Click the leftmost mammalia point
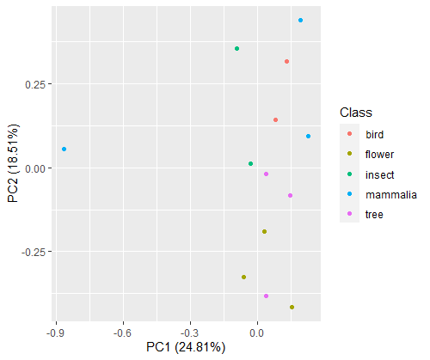pyautogui.click(x=64, y=149)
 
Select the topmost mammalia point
pyautogui.click(x=300, y=21)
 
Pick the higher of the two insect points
pyautogui.click(x=236, y=49)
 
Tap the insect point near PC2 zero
pyautogui.click(x=250, y=164)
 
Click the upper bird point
pyautogui.click(x=286, y=62)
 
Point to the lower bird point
pyautogui.click(x=275, y=119)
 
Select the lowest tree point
pyautogui.click(x=266, y=296)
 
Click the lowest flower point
pyautogui.click(x=292, y=308)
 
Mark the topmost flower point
pyautogui.click(x=264, y=231)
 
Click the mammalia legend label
pyautogui.click(x=391, y=195)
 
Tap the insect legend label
pyautogui.click(x=380, y=174)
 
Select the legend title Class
pyautogui.click(x=356, y=113)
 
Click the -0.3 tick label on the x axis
pyautogui.click(x=189, y=333)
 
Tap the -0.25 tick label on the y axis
pyautogui.click(x=34, y=252)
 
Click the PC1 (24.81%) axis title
pyautogui.click(x=186, y=347)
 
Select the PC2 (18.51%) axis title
pyautogui.click(x=13, y=163)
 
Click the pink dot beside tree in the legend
pyautogui.click(x=349, y=214)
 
